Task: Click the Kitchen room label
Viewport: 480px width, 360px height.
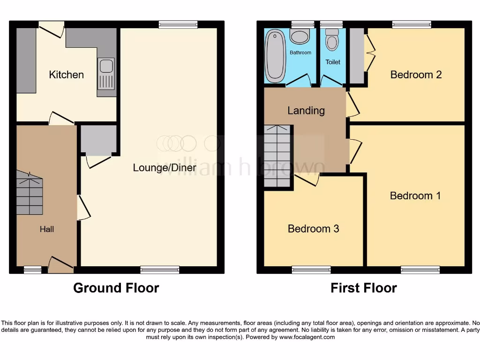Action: click(66, 75)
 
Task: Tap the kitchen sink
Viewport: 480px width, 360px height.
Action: click(106, 74)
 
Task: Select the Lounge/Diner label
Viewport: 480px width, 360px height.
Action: click(164, 167)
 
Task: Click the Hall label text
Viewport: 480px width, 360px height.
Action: click(46, 229)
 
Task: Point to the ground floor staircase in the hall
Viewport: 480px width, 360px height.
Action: click(30, 193)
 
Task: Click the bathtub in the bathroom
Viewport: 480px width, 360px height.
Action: click(276, 57)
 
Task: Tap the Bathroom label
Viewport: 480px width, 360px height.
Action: click(300, 52)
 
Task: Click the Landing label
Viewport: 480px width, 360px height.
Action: click(306, 111)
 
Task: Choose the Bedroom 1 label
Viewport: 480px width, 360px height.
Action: click(415, 195)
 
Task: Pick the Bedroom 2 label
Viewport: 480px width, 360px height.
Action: click(416, 75)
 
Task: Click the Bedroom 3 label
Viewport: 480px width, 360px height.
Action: click(313, 229)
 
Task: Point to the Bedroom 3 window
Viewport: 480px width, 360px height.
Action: click(311, 270)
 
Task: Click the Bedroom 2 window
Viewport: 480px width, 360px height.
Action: click(412, 24)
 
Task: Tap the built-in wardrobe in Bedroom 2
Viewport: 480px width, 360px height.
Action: click(357, 56)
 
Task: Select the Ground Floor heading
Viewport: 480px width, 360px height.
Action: click(116, 288)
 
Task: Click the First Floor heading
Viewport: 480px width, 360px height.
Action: click(364, 288)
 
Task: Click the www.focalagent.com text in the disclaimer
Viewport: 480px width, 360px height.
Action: click(307, 337)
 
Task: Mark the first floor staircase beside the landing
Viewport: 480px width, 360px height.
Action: click(278, 156)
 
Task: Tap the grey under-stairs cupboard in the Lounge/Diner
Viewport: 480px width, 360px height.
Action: click(98, 139)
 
